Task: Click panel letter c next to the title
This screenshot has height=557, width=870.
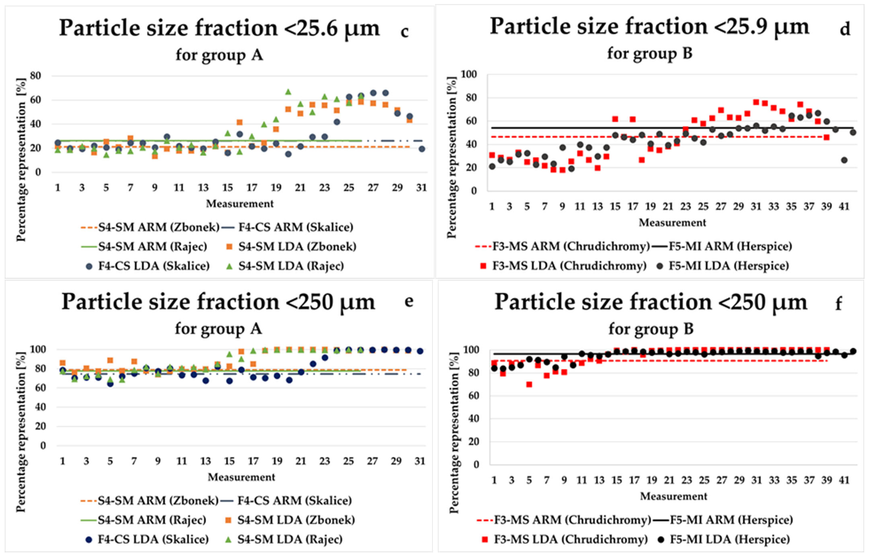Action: coord(405,32)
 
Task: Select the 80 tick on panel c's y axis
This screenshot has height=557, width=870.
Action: coord(35,76)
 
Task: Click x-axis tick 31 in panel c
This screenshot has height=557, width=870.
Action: coord(421,188)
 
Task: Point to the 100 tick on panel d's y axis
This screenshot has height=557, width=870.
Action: coord(468,74)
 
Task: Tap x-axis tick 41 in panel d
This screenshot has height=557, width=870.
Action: coord(844,207)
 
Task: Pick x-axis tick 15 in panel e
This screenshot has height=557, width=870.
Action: coord(229,461)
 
